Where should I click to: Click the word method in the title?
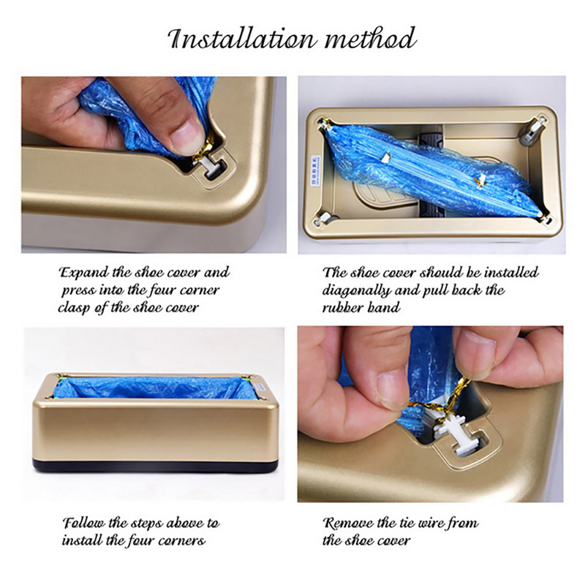pos(370,38)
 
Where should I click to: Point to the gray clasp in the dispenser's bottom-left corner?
pos(324,219)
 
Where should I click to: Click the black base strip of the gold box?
pos(156,467)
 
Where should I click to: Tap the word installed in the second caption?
pos(511,273)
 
